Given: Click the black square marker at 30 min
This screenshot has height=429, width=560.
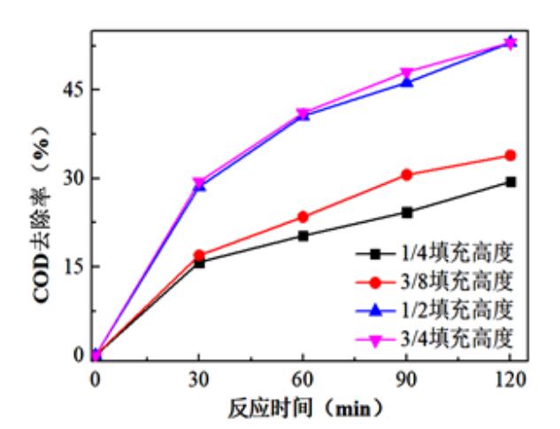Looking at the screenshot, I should click(x=199, y=262).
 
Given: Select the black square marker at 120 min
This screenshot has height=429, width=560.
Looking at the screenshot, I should click(x=510, y=181).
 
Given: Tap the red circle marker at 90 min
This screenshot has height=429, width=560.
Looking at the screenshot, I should click(x=407, y=174).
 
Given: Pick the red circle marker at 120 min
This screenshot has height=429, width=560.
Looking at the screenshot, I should click(x=510, y=156).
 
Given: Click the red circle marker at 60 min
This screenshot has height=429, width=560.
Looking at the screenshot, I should click(x=303, y=217).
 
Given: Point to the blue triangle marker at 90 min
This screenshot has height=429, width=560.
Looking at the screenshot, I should click(x=407, y=81).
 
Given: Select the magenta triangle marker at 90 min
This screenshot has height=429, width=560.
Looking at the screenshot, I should click(x=407, y=73).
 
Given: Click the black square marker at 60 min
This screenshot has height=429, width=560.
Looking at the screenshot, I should click(x=303, y=235).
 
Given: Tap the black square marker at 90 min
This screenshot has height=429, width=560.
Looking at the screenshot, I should click(x=407, y=212).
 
